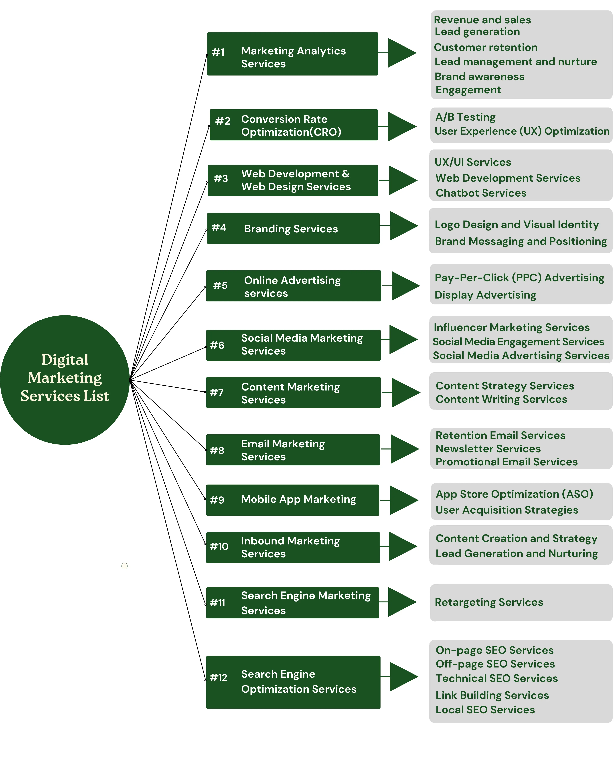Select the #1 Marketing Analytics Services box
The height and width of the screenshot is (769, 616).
tap(292, 54)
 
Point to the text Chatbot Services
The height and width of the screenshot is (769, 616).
tap(481, 193)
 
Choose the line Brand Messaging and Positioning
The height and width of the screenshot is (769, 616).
tap(521, 241)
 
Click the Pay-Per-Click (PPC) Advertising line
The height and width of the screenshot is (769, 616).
tap(519, 278)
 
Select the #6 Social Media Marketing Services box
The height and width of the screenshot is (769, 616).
tap(293, 345)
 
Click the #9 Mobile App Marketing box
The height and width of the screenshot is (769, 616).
tap(292, 500)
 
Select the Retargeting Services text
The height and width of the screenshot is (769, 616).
tap(488, 602)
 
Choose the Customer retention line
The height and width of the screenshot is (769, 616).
tap(485, 47)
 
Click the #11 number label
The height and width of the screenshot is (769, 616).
tap(217, 603)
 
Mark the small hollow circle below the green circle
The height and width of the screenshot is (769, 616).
tap(124, 566)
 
